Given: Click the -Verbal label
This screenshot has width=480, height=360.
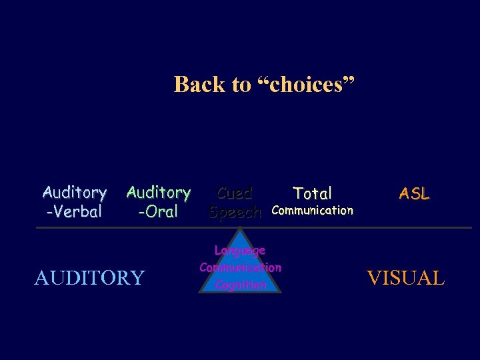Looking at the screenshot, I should pos(74,212).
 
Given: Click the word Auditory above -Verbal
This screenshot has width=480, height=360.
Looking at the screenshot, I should pos(75,193).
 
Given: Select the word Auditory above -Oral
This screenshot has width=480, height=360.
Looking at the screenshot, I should pos(159,193).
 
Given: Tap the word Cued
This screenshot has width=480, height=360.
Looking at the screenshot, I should pos(235,193).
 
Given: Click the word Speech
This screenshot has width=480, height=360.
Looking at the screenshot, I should pos(235,212).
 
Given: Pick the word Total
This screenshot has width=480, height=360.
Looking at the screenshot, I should pos(313,194).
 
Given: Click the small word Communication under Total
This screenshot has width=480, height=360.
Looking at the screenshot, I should pos(313,211).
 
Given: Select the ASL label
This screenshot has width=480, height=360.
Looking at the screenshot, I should pos(415,194).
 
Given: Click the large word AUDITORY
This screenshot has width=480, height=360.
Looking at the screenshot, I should pos(89,277).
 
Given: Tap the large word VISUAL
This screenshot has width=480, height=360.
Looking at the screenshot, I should pos(406,277).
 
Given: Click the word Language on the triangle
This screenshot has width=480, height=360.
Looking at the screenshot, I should pos(240,251).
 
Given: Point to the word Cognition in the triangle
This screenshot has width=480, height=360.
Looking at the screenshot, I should pos(241,285).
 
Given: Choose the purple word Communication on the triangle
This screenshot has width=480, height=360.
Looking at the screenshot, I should pos(240,268).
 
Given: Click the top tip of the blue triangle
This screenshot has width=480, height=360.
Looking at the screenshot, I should pos(239,229).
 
